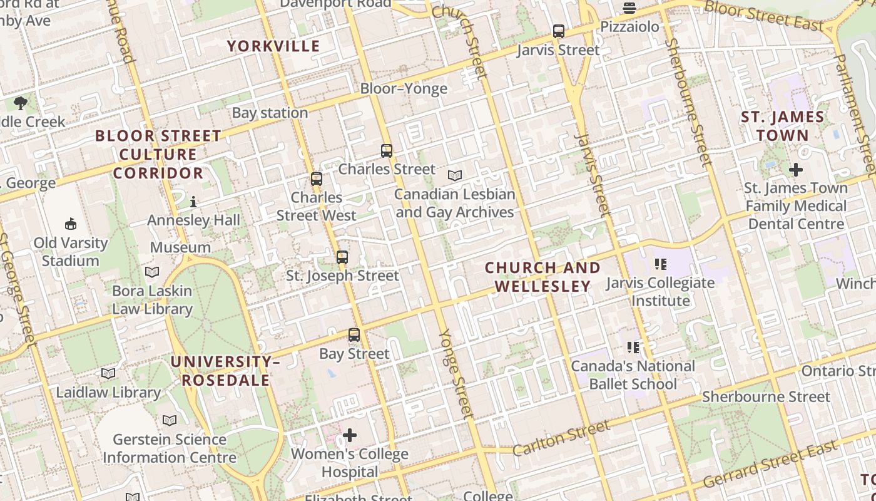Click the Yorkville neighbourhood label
(x=273, y=46)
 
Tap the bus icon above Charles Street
(x=387, y=151)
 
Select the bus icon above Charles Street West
(x=317, y=179)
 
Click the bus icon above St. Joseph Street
(x=342, y=257)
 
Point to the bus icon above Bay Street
(x=354, y=335)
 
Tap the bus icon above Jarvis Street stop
(x=559, y=31)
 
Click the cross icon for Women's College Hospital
(x=350, y=435)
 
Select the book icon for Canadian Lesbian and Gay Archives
(x=455, y=176)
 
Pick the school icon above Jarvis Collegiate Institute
(x=660, y=264)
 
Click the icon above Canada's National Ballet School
(x=633, y=348)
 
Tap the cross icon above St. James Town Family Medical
(x=796, y=170)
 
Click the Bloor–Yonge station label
(x=404, y=88)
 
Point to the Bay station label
(x=270, y=113)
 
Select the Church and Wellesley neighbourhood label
(x=542, y=277)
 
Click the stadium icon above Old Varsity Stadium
(x=71, y=224)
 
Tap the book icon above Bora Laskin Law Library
(x=152, y=272)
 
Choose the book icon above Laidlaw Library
(x=108, y=374)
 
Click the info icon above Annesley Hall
(x=193, y=202)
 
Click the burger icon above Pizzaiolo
(x=629, y=8)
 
